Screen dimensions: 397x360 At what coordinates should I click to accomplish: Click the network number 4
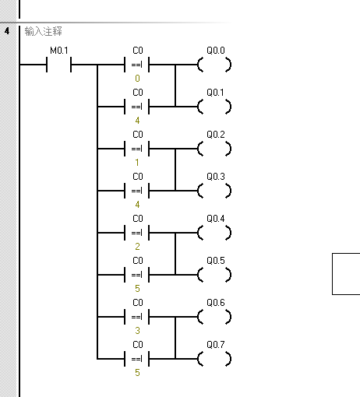[x=6, y=31]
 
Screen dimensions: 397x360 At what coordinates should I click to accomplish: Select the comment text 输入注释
[x=44, y=32]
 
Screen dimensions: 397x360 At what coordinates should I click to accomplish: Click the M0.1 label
[x=59, y=51]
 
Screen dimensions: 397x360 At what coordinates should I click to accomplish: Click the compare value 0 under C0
[x=137, y=79]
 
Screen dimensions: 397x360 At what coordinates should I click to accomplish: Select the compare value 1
[x=137, y=163]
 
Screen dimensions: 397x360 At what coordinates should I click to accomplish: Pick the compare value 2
[x=137, y=247]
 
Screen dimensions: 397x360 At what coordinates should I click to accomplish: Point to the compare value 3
[x=137, y=331]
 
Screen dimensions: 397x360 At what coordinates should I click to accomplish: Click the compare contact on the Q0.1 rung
[x=137, y=106]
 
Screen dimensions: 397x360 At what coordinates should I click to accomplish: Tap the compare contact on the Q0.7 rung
[x=137, y=358]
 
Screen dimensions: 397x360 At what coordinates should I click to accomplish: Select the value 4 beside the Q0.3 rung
[x=137, y=205]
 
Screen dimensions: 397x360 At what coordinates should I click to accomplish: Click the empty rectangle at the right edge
[x=347, y=273]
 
